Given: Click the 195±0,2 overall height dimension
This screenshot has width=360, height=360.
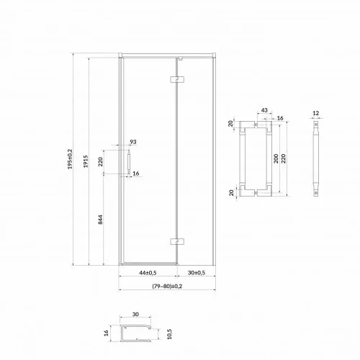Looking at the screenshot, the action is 70,159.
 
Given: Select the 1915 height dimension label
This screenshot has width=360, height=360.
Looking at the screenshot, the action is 86,161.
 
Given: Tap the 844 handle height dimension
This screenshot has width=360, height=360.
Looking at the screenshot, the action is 101,220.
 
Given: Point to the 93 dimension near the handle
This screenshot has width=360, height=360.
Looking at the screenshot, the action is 133,142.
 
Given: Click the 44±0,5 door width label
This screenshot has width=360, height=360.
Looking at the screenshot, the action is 148,273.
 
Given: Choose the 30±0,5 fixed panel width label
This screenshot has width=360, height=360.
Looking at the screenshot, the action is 197,273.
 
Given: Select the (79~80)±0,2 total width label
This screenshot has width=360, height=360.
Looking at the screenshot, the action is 167,286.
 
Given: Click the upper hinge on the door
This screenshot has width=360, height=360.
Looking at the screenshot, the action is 177,79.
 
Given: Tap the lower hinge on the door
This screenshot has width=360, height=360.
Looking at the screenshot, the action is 177,241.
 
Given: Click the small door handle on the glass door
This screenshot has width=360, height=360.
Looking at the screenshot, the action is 129,162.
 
